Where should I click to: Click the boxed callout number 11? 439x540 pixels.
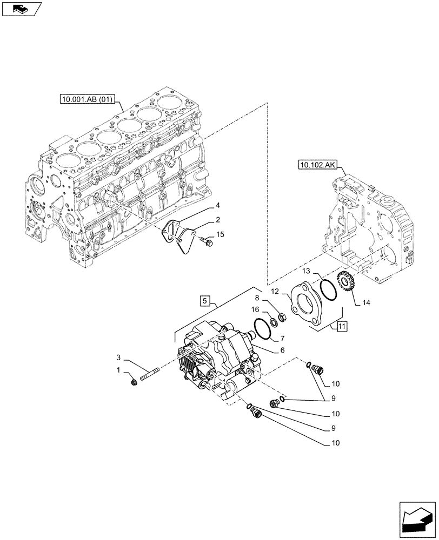[342, 326]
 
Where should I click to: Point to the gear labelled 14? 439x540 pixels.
[345, 283]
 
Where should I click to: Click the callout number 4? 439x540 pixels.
[217, 205]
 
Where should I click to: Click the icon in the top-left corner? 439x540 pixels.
[22, 8]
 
